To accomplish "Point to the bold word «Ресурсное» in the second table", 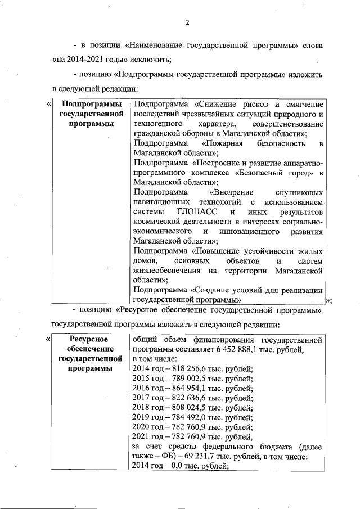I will (x=90, y=339).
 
